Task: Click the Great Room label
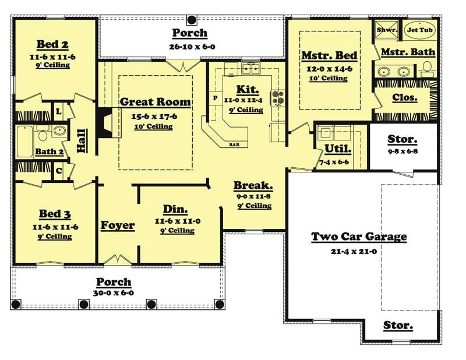pyautogui.click(x=155, y=102)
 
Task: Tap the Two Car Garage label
pyautogui.click(x=359, y=237)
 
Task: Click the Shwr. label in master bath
pyautogui.click(x=386, y=30)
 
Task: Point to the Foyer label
pyautogui.click(x=118, y=225)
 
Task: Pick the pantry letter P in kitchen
pyautogui.click(x=215, y=98)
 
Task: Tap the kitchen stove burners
pyautogui.click(x=277, y=97)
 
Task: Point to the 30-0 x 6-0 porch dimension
pyautogui.click(x=114, y=293)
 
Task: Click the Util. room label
pyautogui.click(x=333, y=150)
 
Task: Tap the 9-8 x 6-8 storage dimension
pyautogui.click(x=403, y=152)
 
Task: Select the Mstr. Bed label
pyautogui.click(x=329, y=56)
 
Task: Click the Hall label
pyautogui.click(x=82, y=140)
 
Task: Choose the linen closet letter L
pyautogui.click(x=59, y=110)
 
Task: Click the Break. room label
pyautogui.click(x=253, y=186)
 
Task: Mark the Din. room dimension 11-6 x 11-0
pyautogui.click(x=178, y=221)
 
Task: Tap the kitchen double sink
pyautogui.click(x=251, y=69)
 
